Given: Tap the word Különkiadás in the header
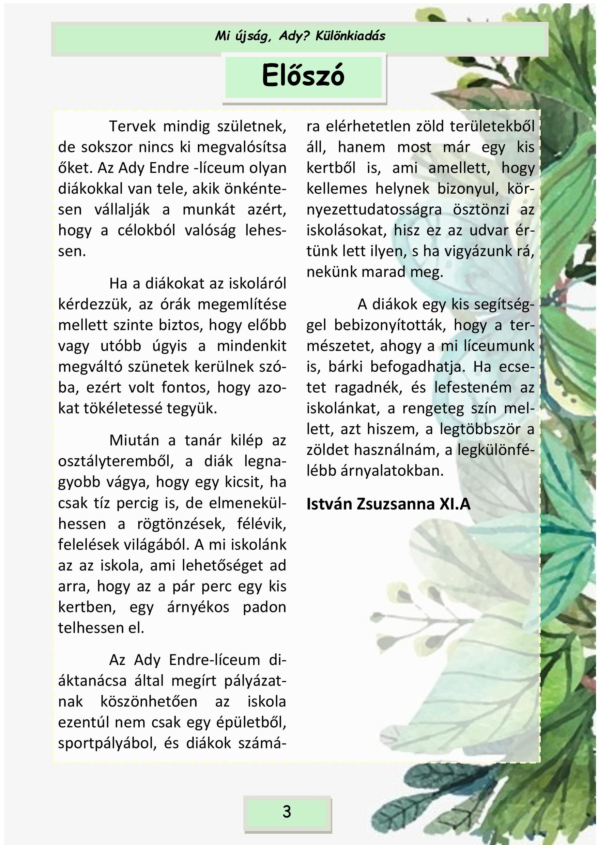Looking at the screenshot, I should pos(350,36).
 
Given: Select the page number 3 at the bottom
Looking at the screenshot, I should pos(287,812).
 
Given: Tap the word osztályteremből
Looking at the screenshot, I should pos(116,461).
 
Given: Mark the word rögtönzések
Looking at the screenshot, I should pos(181,524).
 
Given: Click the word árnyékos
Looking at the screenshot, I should pos(198,607).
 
